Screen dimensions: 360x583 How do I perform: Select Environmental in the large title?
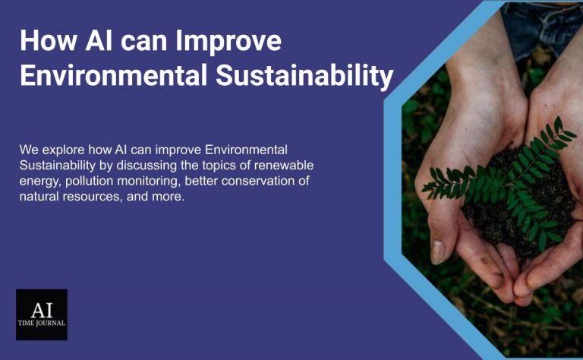106,77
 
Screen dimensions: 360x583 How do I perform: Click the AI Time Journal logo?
42,314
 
